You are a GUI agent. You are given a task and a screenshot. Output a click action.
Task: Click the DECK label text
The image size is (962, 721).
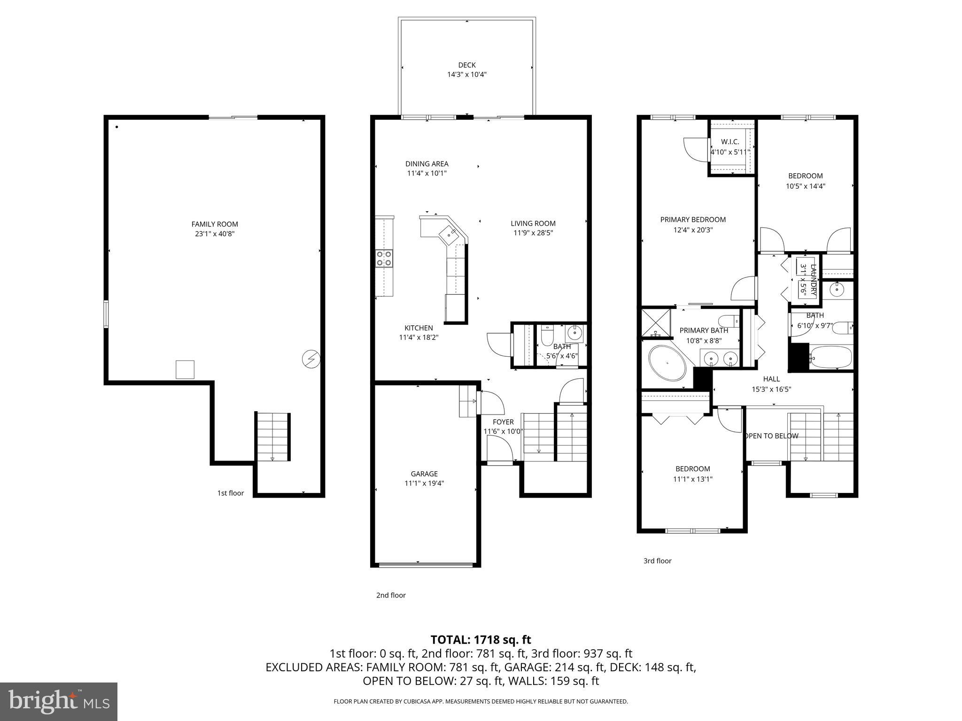point(466,65)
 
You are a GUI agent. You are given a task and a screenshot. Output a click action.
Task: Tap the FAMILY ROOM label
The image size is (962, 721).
point(215,224)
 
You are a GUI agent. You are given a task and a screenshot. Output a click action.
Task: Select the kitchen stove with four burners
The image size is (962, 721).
point(384,259)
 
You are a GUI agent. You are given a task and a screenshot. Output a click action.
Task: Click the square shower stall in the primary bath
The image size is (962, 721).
point(656,322)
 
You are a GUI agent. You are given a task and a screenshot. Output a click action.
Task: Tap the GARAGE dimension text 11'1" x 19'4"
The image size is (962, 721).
point(424,483)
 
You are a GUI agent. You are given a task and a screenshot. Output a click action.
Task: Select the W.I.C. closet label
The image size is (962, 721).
point(730,142)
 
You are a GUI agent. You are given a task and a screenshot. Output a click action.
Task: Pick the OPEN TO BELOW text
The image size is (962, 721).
point(772,436)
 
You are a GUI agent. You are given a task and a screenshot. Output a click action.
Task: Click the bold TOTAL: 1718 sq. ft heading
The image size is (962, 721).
point(481,640)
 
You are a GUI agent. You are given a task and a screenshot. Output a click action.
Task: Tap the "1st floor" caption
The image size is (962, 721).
point(230,493)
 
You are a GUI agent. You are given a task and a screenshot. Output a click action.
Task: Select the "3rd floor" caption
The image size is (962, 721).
point(657,561)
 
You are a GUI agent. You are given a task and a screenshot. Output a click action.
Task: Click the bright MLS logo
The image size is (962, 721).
point(59,701)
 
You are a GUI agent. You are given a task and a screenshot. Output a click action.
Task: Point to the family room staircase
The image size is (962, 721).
point(272,437)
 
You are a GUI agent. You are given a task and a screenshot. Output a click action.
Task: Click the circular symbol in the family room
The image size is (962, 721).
point(310,360)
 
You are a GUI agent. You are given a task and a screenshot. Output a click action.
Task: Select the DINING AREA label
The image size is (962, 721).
point(427,164)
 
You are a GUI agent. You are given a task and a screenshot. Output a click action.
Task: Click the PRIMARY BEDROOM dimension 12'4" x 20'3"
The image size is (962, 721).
point(693,230)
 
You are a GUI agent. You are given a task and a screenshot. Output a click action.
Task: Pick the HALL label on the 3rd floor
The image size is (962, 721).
point(771,379)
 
